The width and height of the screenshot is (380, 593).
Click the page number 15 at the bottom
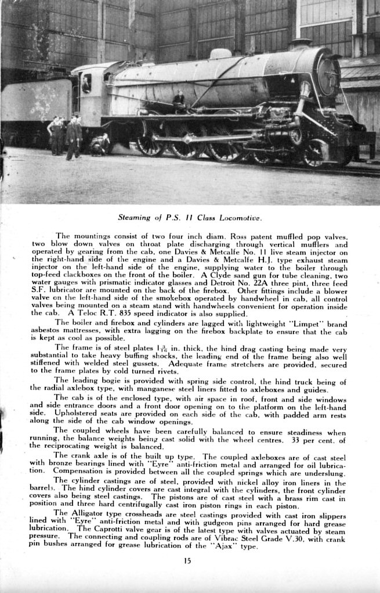point(187,560)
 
